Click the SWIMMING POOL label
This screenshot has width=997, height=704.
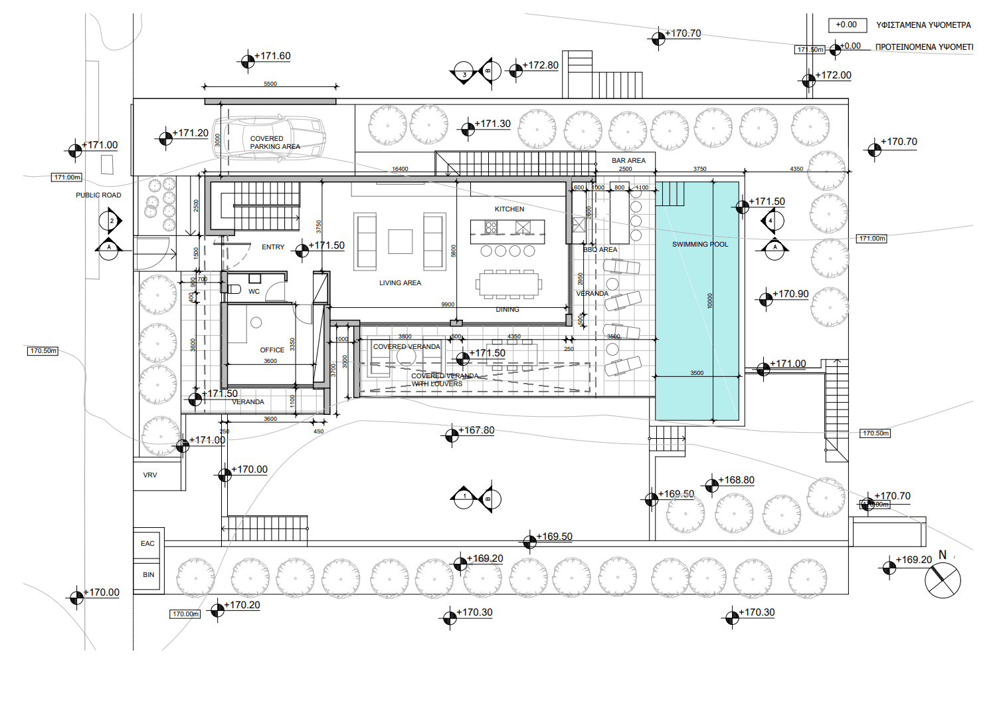click(700, 245)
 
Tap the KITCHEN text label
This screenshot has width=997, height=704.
click(509, 209)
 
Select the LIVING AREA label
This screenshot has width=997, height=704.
click(400, 283)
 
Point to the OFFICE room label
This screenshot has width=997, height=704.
click(272, 350)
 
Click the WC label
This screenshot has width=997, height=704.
click(254, 292)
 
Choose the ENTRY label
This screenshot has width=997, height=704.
click(273, 247)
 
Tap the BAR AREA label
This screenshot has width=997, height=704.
click(628, 161)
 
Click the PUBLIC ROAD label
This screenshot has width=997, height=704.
click(98, 195)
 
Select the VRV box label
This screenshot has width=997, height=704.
click(150, 475)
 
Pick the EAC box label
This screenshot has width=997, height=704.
click(147, 544)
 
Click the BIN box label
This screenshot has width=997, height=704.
click(148, 575)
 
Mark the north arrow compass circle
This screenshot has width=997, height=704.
click(943, 580)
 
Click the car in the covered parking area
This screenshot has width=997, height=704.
click(269, 138)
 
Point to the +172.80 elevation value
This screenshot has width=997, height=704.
click(540, 65)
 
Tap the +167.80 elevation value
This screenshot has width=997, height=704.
click(476, 431)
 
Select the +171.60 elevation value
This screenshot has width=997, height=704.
click(272, 57)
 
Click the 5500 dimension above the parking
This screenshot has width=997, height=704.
click(270, 84)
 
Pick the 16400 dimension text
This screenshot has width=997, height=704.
click(400, 170)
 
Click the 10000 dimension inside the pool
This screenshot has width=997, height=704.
click(709, 300)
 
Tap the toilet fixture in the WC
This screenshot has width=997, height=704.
click(233, 289)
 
